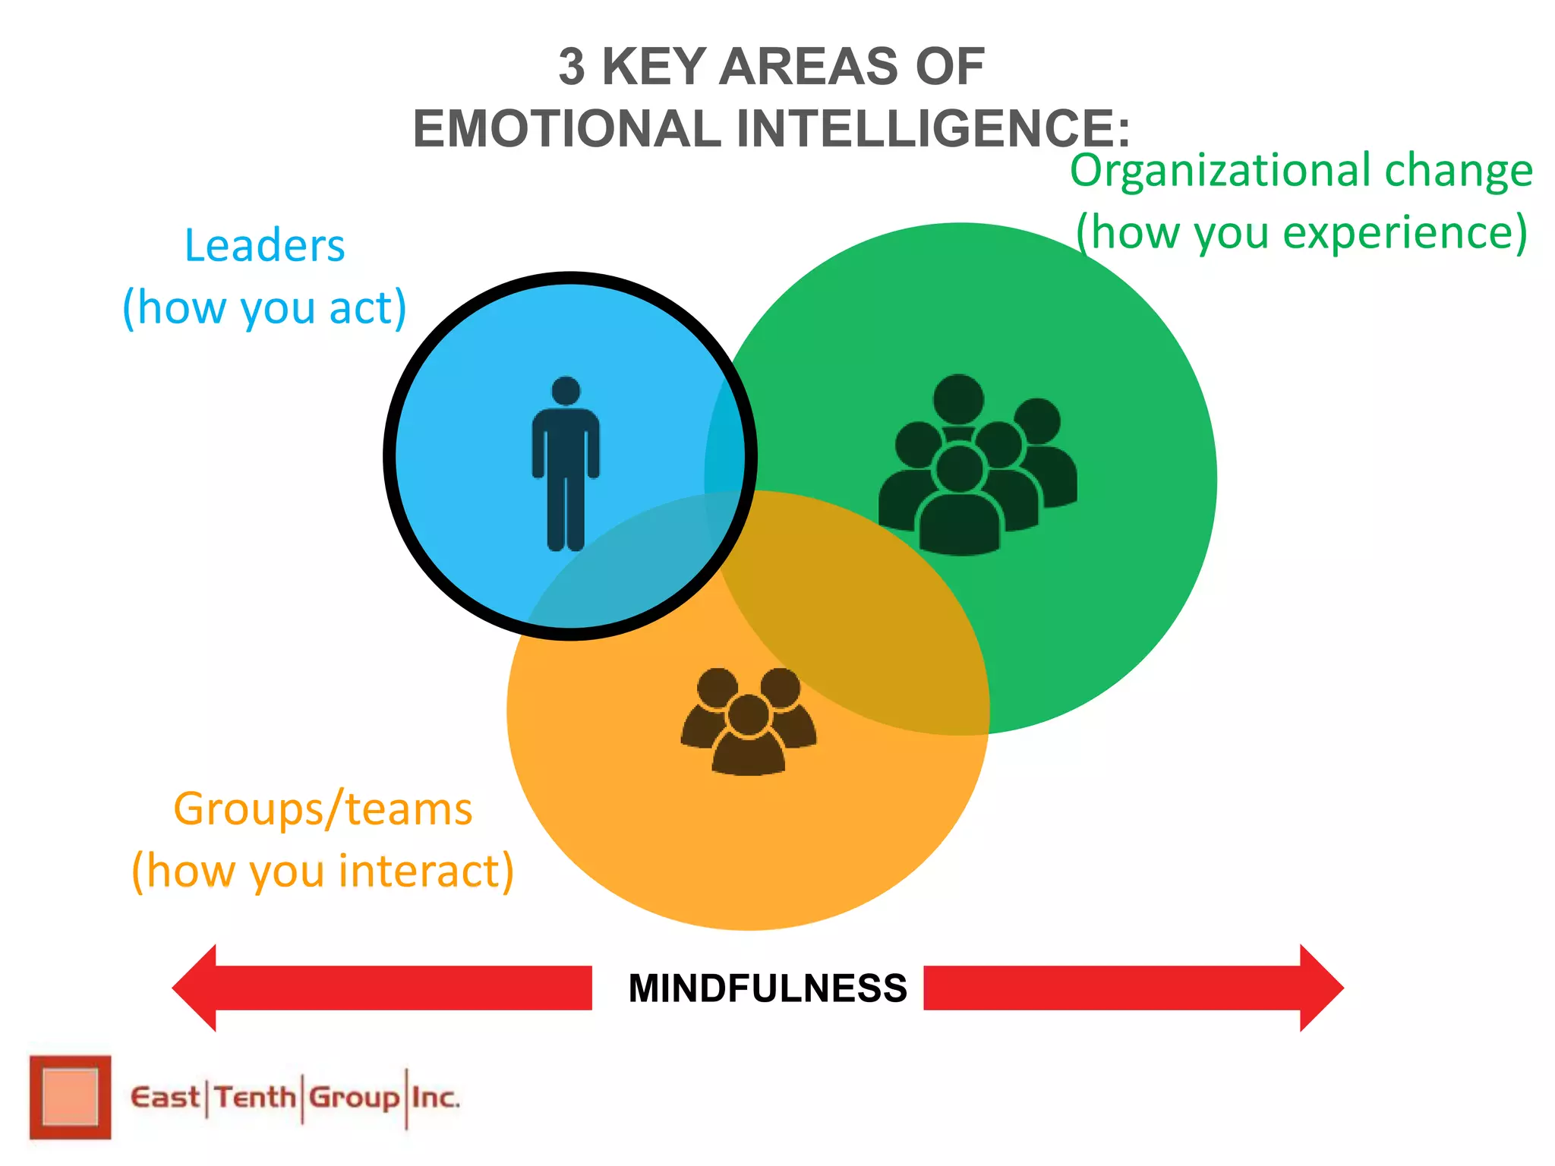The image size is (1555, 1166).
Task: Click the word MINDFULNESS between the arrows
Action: [x=768, y=988]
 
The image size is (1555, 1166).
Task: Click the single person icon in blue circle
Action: [x=566, y=464]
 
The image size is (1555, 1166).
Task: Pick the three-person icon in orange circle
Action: [x=749, y=721]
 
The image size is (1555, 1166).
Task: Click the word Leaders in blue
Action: [x=264, y=246]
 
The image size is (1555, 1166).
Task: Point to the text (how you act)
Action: [x=264, y=307]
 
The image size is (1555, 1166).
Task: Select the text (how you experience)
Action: [x=1301, y=232]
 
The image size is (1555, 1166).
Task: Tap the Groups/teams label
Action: [x=323, y=809]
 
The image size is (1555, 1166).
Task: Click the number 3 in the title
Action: [x=572, y=67]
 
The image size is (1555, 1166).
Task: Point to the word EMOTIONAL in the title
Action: [x=566, y=128]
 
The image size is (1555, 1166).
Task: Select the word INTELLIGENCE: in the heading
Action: [x=933, y=128]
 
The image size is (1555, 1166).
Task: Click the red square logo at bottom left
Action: [x=70, y=1097]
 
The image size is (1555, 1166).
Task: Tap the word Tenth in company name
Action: [x=254, y=1098]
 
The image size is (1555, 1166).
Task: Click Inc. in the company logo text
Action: [x=435, y=1098]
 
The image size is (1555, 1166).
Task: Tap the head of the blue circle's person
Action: [x=566, y=391]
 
